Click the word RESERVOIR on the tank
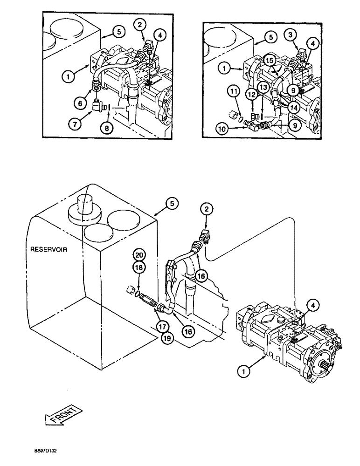49,249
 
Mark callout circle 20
139,255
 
